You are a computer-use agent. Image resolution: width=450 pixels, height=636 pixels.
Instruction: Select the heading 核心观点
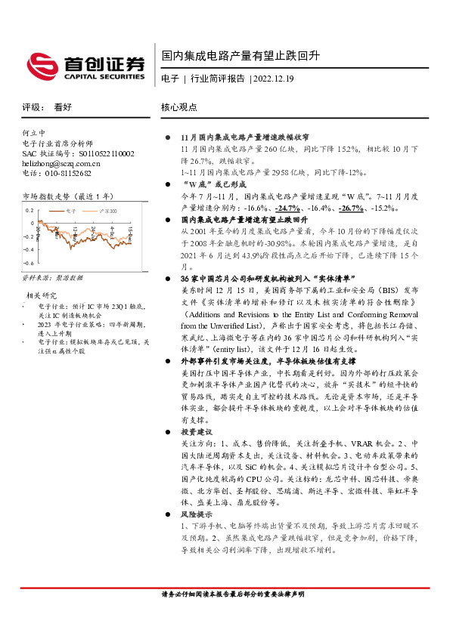(179, 108)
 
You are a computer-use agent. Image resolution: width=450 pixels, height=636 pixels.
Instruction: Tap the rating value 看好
(63, 108)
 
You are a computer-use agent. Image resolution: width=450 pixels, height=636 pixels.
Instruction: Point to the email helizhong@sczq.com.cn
(61, 162)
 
